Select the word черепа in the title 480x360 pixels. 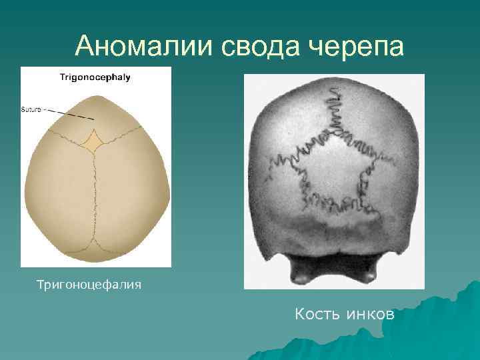(x=357, y=46)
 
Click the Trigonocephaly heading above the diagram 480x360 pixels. (x=95, y=77)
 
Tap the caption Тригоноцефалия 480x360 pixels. (x=89, y=285)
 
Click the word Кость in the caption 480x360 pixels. (x=317, y=313)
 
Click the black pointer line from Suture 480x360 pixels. (x=70, y=114)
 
